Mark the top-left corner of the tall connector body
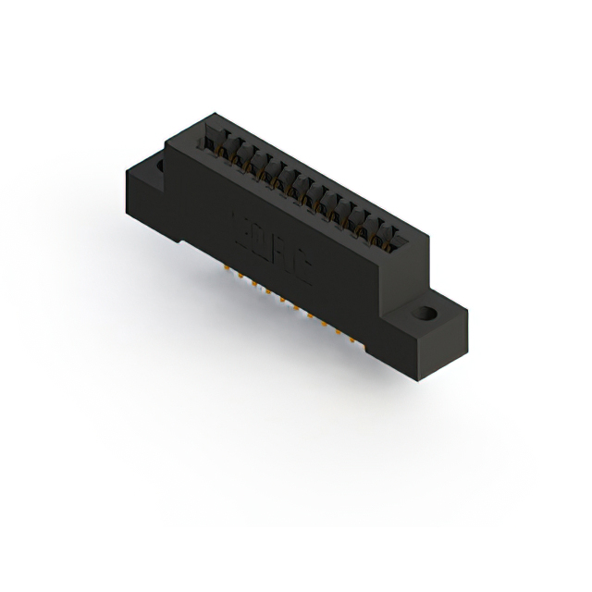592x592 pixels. click(166, 139)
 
